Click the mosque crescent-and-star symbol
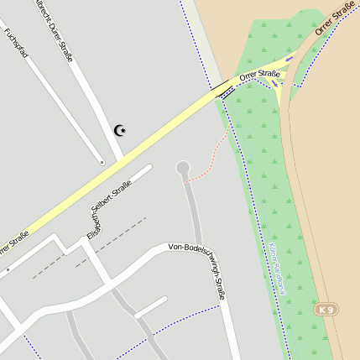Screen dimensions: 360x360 pyautogui.click(x=121, y=130)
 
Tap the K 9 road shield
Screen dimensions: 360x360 pyautogui.click(x=326, y=310)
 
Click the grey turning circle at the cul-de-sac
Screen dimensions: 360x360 pyautogui.click(x=183, y=169)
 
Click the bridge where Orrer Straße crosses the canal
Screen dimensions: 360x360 pyautogui.click(x=224, y=90)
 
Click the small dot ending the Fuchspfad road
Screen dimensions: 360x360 pyautogui.click(x=102, y=162)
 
